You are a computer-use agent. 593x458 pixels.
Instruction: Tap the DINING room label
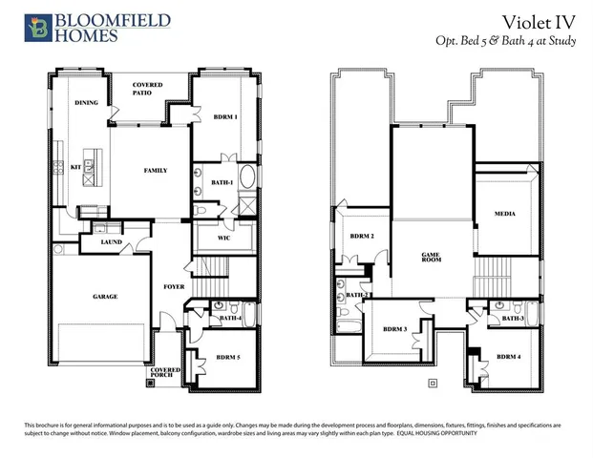[x=87, y=102]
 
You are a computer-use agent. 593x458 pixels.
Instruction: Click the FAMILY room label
[x=156, y=171]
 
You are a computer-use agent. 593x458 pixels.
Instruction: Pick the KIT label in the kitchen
[x=76, y=167]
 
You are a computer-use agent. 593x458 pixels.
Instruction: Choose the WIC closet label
[x=224, y=237]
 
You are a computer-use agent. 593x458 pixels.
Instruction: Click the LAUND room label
[x=111, y=242]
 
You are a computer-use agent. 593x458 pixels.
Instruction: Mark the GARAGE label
[x=105, y=297]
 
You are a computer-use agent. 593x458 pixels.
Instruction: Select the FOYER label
[x=174, y=285]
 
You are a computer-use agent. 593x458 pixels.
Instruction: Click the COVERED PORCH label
[x=165, y=374]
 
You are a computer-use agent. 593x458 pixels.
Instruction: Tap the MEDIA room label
[x=505, y=215]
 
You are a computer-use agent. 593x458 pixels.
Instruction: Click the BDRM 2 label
[x=361, y=236]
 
